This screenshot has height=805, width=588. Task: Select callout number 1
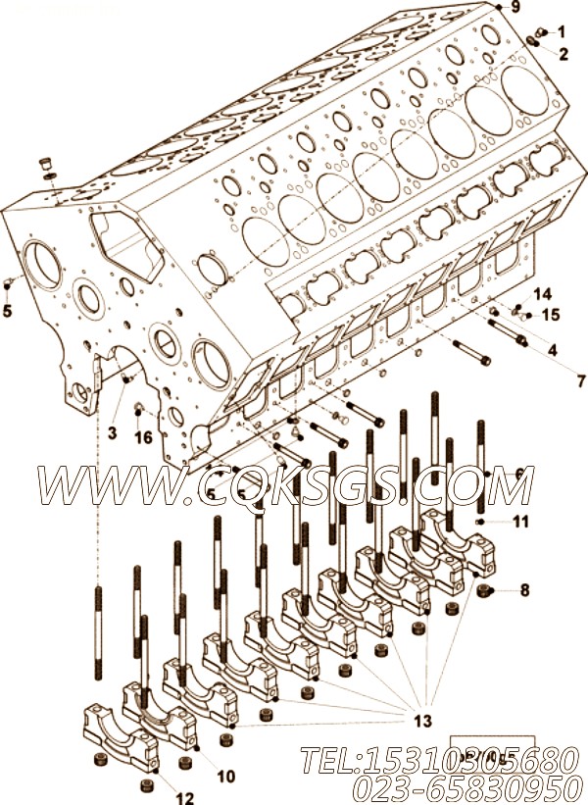pyautogui.click(x=562, y=32)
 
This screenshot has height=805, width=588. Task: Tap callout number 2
pyautogui.click(x=562, y=54)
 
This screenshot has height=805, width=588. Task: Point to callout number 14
pyautogui.click(x=542, y=294)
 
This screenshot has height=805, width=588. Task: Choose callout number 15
pyautogui.click(x=550, y=315)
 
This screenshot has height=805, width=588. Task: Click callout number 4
pyautogui.click(x=553, y=349)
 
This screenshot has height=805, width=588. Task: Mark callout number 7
pyautogui.click(x=554, y=380)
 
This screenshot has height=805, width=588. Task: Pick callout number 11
pyautogui.click(x=520, y=522)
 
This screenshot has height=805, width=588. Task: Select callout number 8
pyautogui.click(x=524, y=590)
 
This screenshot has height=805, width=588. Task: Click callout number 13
pyautogui.click(x=421, y=721)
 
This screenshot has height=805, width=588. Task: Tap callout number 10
pyautogui.click(x=225, y=777)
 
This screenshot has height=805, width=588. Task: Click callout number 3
pyautogui.click(x=113, y=432)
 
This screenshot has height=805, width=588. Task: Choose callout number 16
pyautogui.click(x=143, y=437)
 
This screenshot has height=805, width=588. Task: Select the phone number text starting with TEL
pyautogui.click(x=430, y=759)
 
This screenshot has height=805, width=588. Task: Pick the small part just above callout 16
pyautogui.click(x=137, y=407)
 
